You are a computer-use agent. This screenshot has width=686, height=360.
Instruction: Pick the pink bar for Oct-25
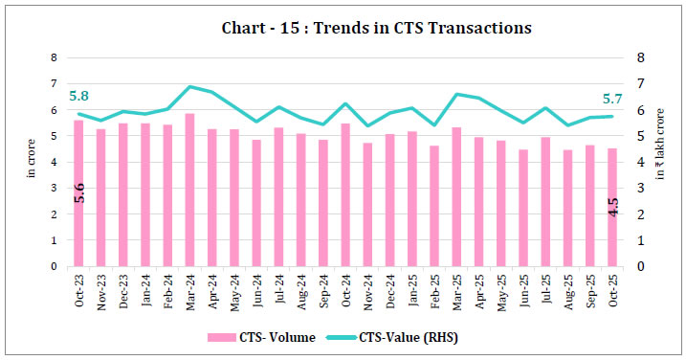(610, 207)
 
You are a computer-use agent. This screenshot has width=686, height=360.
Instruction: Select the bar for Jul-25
(543, 202)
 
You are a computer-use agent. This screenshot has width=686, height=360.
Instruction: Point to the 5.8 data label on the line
(79, 96)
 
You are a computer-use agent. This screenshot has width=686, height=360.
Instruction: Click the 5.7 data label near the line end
(610, 98)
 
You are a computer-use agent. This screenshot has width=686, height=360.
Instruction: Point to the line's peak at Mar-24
(189, 86)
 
